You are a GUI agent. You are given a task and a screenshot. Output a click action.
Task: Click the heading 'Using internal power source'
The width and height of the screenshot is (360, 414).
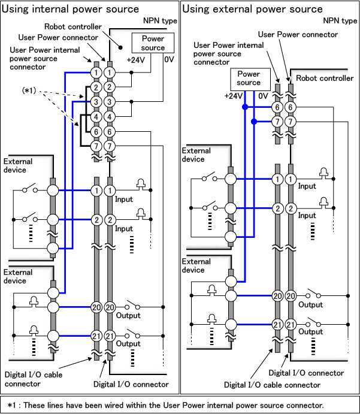71,9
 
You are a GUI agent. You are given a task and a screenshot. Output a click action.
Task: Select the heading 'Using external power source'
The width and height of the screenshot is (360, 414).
252,9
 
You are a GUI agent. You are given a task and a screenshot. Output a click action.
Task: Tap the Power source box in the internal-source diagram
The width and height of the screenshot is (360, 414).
153,43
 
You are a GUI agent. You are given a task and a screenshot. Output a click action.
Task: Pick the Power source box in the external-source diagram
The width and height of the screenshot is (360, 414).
249,78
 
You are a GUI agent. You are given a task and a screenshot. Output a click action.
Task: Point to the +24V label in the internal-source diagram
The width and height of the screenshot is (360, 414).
136,61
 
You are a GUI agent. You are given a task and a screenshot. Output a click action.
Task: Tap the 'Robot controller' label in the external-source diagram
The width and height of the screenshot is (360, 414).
325,78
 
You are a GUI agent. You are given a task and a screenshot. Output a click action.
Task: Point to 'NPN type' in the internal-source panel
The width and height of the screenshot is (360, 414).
159,20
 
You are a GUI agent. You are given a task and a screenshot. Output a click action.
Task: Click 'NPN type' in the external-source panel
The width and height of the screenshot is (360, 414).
340,20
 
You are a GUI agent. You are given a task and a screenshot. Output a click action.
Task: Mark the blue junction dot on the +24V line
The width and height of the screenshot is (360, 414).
244,108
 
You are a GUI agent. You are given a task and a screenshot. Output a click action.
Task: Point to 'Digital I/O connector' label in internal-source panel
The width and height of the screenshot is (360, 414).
131,384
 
